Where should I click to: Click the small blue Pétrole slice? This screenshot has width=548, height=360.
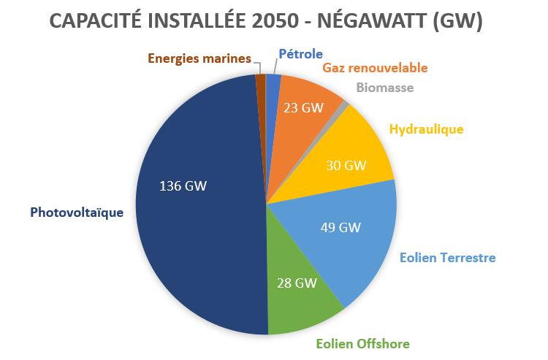(x=273, y=84)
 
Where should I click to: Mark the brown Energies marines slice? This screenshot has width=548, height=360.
(x=260, y=85)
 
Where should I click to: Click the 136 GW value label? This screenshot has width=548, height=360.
(x=183, y=185)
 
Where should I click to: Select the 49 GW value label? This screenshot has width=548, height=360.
(x=340, y=227)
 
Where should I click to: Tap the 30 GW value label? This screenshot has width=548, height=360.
(x=346, y=165)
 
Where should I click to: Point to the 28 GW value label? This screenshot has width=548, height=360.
(x=297, y=283)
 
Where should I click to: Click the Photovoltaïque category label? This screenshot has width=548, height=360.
(x=77, y=212)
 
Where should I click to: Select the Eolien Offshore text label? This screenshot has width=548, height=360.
(x=362, y=343)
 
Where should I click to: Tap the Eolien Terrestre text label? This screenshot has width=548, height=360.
(x=447, y=258)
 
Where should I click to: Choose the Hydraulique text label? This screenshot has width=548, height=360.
(x=427, y=129)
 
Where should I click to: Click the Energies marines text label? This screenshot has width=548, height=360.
(x=199, y=58)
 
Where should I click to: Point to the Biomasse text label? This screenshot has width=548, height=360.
(x=385, y=88)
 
